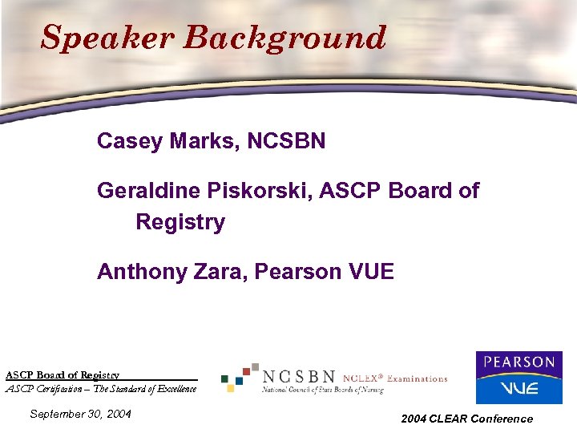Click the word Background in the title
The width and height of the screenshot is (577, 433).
[x=284, y=38]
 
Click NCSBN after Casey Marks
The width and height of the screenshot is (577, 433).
[x=287, y=142]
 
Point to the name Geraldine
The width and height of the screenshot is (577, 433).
[x=148, y=191]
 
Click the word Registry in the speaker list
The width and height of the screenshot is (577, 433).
[x=180, y=221]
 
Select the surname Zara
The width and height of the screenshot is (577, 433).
[x=220, y=272]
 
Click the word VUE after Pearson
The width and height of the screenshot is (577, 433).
[x=371, y=272]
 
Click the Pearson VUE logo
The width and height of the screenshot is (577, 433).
[x=518, y=377]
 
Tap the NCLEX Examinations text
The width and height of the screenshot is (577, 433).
[x=395, y=378]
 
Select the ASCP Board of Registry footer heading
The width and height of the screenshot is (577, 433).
[x=63, y=374]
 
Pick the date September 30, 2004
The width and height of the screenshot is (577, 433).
[x=80, y=415]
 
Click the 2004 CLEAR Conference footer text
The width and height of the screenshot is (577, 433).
[x=466, y=419]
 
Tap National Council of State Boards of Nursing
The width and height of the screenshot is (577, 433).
[x=323, y=390]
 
